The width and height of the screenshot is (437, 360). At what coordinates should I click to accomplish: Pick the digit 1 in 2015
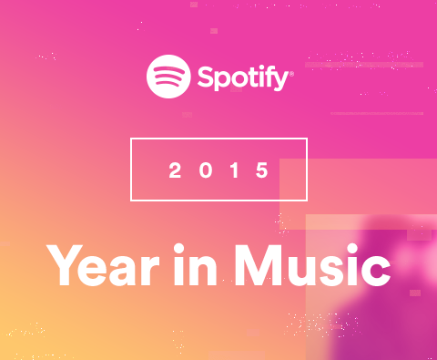pos(234,170)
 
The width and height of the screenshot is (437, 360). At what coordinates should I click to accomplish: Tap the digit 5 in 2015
pos(263,170)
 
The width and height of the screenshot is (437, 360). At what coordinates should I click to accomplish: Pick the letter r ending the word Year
pos(163,270)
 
